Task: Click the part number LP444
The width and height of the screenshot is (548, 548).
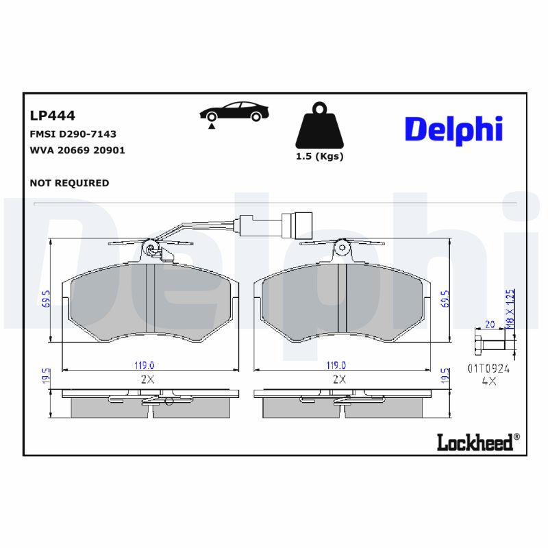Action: (x=53, y=116)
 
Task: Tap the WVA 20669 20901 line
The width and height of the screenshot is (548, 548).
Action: (x=77, y=149)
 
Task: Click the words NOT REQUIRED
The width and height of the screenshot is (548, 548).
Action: (x=69, y=183)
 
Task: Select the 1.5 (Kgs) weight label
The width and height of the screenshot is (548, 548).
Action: (x=319, y=156)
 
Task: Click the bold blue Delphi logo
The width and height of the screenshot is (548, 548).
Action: (x=453, y=129)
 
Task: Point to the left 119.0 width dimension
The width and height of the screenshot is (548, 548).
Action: (x=143, y=366)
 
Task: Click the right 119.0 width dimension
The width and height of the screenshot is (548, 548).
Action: (x=335, y=366)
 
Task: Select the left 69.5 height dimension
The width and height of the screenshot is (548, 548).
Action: (x=47, y=299)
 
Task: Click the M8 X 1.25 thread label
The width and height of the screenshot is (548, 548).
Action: (x=510, y=309)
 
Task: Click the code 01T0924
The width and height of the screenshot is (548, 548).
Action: (x=489, y=368)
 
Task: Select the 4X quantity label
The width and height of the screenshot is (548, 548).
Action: (x=488, y=382)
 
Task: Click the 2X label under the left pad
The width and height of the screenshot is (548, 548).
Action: (x=147, y=379)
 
